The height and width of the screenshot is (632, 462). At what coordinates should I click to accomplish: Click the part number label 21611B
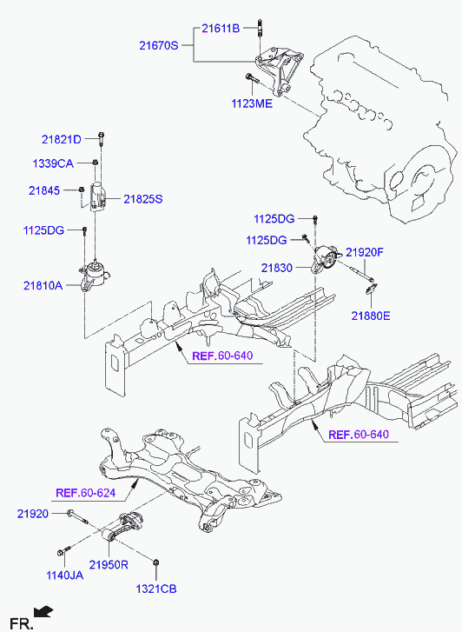(221, 28)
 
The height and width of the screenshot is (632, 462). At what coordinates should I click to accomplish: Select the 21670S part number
(159, 45)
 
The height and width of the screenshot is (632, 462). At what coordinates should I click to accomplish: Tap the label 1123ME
(252, 103)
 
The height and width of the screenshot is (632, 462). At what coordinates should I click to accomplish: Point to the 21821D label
(62, 139)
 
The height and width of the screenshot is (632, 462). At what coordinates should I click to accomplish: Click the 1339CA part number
(53, 163)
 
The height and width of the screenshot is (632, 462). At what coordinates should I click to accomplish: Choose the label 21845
(44, 190)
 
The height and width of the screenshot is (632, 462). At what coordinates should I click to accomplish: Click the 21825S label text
(143, 199)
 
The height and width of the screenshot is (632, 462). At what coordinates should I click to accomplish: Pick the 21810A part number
(43, 286)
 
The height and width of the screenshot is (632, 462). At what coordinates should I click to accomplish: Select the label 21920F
(365, 253)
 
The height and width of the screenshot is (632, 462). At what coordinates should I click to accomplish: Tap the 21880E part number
(371, 316)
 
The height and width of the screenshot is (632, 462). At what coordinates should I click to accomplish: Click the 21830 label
(277, 268)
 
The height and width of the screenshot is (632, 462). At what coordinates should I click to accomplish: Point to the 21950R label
(109, 565)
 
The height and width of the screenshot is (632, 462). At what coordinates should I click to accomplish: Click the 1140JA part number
(65, 575)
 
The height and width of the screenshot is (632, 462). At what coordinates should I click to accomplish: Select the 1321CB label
(155, 589)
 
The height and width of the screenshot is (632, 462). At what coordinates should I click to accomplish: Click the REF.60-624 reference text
(85, 493)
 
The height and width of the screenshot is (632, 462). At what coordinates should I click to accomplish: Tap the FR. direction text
(21, 624)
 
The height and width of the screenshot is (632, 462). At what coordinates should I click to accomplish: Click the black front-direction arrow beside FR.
(43, 612)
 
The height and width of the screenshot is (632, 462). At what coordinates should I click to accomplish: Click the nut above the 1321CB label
(155, 562)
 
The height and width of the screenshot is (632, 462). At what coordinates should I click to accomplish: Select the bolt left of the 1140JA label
(63, 550)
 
